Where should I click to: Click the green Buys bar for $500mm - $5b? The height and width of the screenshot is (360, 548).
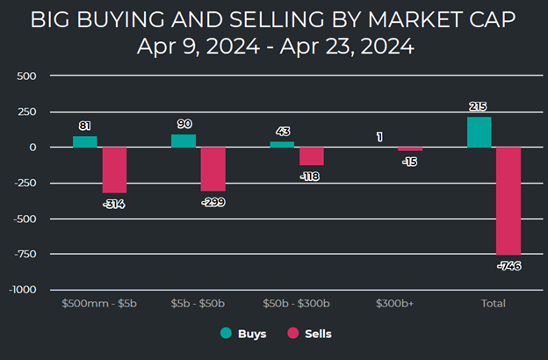[85, 141]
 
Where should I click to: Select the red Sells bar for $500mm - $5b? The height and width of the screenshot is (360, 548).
[114, 169]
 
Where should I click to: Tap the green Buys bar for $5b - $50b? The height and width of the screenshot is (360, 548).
[184, 140]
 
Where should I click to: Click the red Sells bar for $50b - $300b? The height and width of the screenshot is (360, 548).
[312, 155]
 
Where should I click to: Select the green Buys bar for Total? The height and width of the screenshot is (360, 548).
[479, 132]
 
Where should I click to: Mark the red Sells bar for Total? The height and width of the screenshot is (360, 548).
[508, 200]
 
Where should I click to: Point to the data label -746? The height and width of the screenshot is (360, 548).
[508, 264]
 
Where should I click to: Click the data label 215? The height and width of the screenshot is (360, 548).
[479, 106]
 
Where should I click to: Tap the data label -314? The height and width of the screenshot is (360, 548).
[114, 203]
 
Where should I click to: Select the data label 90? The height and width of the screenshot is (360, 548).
[184, 125]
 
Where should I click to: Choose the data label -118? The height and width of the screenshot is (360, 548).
[312, 175]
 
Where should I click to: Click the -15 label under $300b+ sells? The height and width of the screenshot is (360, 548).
[410, 161]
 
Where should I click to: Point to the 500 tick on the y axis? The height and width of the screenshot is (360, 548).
[25, 76]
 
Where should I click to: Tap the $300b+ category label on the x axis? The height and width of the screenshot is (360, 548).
[394, 304]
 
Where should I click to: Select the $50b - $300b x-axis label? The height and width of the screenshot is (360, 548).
[296, 304]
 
